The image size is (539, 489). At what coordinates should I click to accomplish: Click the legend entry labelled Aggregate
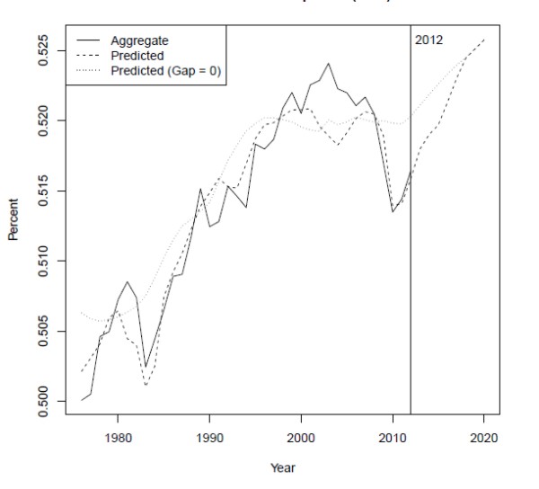pyautogui.click(x=139, y=40)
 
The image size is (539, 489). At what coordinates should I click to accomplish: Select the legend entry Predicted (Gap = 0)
pyautogui.click(x=162, y=69)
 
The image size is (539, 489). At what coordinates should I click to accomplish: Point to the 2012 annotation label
pyautogui.click(x=429, y=40)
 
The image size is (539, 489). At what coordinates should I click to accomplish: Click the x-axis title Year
pyautogui.click(x=283, y=467)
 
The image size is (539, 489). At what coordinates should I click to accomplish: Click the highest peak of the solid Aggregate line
pyautogui.click(x=328, y=64)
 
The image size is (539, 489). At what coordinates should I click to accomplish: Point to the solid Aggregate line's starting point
pyautogui.click(x=81, y=399)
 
